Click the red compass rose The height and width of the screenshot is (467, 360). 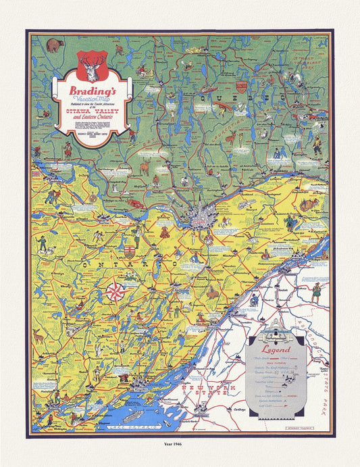pos(115,293)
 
